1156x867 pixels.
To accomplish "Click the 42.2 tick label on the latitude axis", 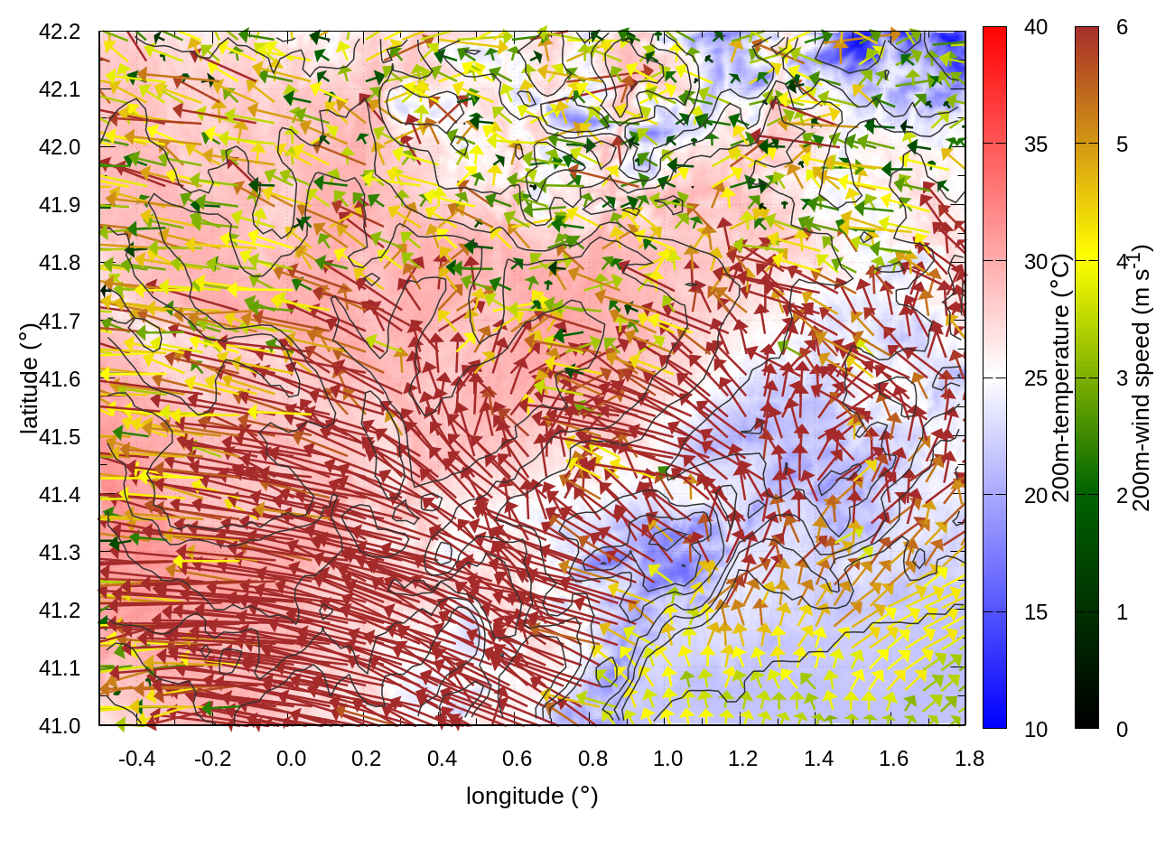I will tap(60, 32).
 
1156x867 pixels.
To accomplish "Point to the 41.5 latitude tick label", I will tap(60, 437).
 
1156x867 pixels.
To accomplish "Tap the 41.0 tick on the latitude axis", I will tap(60, 726).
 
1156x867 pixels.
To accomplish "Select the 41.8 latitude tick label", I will tap(60, 263).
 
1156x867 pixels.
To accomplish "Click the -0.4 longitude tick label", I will tap(136, 759).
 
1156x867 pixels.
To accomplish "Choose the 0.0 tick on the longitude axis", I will tap(291, 759).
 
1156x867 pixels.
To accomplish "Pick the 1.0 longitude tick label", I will tap(667, 759).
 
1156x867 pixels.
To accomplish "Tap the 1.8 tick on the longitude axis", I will tap(969, 759).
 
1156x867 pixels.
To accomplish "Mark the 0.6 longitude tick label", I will tap(517, 759).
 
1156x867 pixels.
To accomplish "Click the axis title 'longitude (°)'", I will tap(532, 796).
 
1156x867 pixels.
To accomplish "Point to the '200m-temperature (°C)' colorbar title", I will tap(1062, 378).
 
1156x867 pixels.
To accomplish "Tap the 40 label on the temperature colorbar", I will tap(1036, 28).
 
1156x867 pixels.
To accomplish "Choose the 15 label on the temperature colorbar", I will tap(1036, 612).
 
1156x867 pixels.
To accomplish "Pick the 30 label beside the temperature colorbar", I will tap(1036, 262).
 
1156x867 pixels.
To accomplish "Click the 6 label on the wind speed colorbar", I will tap(1122, 28).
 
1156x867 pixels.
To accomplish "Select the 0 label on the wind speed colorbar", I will tap(1122, 730).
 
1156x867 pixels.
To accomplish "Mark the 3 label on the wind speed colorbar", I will tap(1122, 378).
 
